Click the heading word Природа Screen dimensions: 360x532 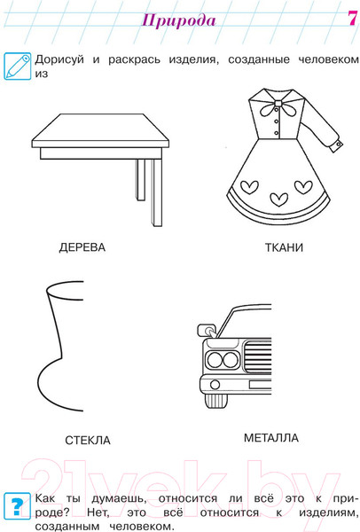(178, 20)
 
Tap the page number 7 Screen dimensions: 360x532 (352, 18)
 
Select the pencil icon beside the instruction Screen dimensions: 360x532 (18, 66)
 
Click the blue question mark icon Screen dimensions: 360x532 (17, 506)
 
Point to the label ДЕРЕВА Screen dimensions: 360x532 (82, 247)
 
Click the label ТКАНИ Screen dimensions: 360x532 (284, 247)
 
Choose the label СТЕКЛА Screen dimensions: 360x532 (88, 441)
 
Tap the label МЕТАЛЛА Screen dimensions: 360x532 (271, 438)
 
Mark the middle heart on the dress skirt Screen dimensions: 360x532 (279, 199)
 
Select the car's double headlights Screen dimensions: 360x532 (223, 360)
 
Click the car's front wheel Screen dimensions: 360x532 (215, 401)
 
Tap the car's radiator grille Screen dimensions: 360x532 (258, 357)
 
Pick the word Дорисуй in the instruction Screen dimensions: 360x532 (59, 59)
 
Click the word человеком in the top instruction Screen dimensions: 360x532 (328, 59)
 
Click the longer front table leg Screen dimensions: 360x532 (156, 192)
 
